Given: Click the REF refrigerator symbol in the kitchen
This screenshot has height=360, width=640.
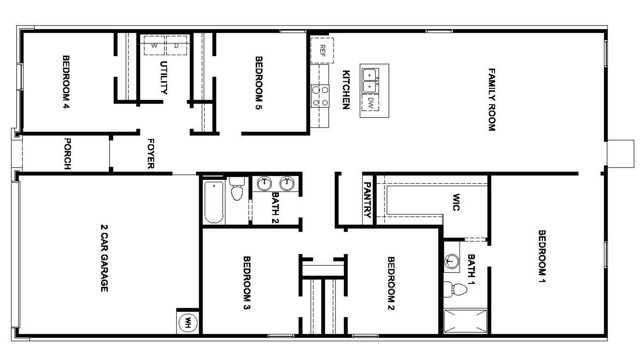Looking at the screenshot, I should (x=322, y=50).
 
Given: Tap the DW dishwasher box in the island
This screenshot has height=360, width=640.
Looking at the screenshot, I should (x=370, y=103).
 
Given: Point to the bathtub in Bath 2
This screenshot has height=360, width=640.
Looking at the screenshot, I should (x=214, y=202).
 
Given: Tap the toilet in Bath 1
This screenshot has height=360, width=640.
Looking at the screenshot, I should (x=456, y=289).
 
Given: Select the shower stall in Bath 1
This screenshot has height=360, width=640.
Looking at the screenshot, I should (x=466, y=321).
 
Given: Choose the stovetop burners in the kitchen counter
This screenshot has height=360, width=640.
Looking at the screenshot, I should (x=320, y=96).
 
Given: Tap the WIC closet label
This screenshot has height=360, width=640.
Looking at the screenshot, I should (x=456, y=202).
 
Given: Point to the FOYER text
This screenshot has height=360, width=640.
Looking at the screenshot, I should (x=151, y=154).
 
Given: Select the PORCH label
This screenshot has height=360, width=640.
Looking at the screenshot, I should (x=67, y=154).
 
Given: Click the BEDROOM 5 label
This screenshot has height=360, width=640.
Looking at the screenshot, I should (x=259, y=83).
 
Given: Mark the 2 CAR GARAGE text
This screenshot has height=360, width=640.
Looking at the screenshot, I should (x=104, y=258).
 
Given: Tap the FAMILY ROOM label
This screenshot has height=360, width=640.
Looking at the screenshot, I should (x=492, y=100).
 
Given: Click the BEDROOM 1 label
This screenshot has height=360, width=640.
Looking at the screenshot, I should (x=542, y=256).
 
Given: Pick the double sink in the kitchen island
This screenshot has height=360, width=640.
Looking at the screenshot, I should (x=370, y=80).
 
